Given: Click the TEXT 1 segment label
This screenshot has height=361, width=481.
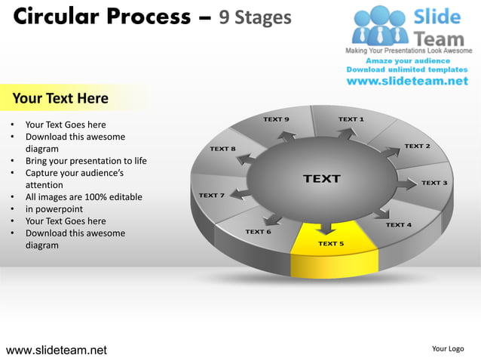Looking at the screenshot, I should tap(351, 119).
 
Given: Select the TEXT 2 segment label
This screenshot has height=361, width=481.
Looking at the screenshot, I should tap(417, 146).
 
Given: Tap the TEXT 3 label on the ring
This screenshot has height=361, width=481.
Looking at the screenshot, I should tap(434, 183).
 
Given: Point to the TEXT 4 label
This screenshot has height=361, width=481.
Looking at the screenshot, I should tap(399, 225).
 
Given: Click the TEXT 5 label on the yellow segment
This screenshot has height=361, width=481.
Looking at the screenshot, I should tap(331, 244).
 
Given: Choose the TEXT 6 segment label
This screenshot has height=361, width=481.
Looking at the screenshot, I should tap(258, 232).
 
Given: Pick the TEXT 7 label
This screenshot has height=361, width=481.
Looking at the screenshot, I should tap(211, 196).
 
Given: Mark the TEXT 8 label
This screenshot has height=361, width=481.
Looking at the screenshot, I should tap(222, 149).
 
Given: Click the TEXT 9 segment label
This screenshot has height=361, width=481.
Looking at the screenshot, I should tap(276, 119).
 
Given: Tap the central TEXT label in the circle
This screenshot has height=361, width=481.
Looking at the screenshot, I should tap(322, 179).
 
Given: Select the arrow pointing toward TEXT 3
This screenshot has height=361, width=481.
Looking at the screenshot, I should tap(407, 184).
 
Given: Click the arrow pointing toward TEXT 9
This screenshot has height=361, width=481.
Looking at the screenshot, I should tap(286, 137).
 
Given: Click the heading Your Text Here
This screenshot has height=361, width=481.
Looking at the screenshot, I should tap(60, 98).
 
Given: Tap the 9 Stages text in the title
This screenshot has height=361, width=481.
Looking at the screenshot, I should tap(255, 17).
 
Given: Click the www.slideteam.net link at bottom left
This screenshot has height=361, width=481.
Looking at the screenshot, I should tap(57, 350).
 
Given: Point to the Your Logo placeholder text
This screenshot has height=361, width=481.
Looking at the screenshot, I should tap(448, 349).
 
